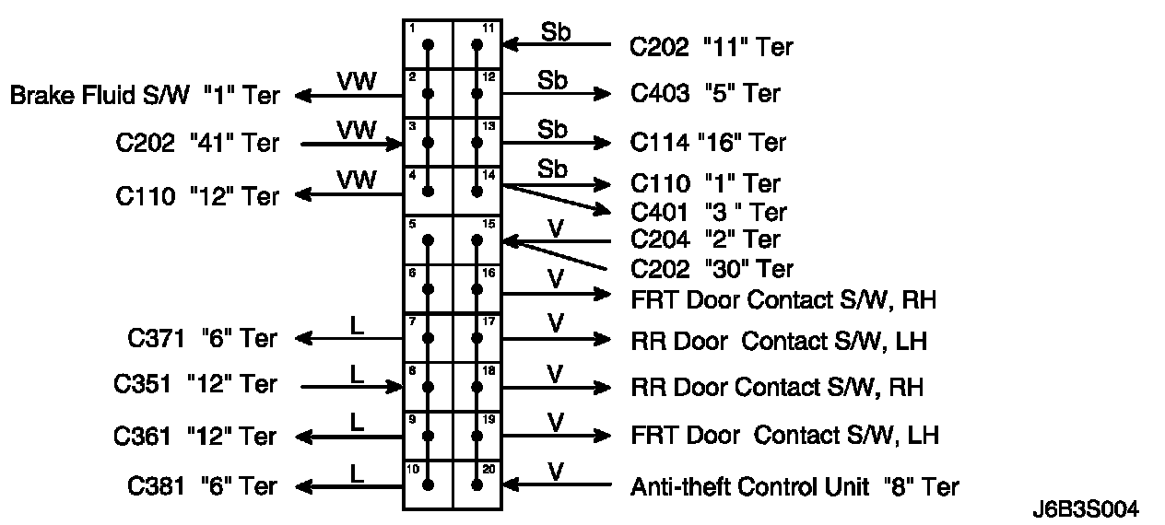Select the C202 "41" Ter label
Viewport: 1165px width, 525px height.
click(197, 143)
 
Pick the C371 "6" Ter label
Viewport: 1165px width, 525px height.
click(202, 339)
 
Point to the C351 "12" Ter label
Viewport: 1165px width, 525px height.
click(195, 384)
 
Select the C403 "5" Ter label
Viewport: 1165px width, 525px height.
click(705, 93)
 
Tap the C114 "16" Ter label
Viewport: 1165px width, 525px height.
click(709, 143)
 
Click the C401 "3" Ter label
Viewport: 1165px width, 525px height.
click(709, 212)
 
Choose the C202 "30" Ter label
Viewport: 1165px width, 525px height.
click(712, 269)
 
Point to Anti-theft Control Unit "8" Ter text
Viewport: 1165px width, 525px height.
click(794, 485)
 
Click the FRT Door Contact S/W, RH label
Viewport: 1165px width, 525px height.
click(783, 299)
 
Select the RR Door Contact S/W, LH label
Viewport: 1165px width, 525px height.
click(778, 341)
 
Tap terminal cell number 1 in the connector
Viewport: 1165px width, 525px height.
click(428, 43)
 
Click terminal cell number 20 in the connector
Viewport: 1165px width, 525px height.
click(477, 484)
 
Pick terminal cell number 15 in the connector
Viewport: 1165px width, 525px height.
click(477, 239)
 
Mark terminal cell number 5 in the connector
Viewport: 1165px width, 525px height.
click(428, 239)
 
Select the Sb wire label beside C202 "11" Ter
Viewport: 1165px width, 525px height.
click(556, 31)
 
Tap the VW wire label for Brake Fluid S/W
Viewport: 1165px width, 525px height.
click(357, 81)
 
